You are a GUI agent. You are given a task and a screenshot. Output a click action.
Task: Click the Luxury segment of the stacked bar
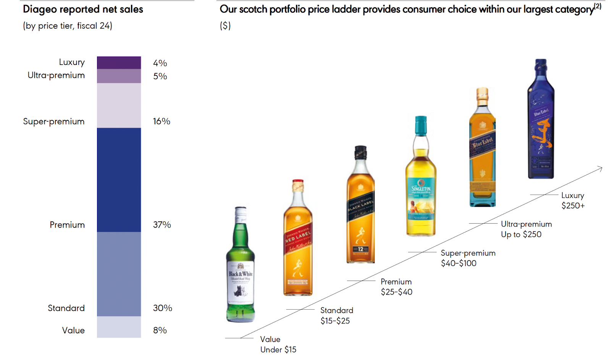[119, 63]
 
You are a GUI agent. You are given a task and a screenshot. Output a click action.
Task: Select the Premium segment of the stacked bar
[119, 180]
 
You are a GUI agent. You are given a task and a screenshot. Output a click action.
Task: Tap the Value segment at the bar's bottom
[119, 327]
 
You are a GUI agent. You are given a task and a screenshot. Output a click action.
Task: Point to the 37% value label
[162, 225]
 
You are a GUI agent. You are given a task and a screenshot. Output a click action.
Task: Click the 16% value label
[162, 121]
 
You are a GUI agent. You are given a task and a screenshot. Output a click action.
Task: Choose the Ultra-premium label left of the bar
[56, 75]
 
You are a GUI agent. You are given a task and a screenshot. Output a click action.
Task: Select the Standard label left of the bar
[66, 308]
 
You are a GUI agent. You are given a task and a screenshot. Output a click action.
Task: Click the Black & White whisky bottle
[240, 267]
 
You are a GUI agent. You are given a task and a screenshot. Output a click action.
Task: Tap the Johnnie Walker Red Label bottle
[298, 241]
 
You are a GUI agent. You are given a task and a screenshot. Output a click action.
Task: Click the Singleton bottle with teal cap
[421, 179]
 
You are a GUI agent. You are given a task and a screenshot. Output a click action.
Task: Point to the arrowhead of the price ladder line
[601, 168]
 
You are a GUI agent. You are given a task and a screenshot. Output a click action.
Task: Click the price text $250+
[573, 206]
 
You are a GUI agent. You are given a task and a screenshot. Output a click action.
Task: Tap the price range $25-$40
[396, 292]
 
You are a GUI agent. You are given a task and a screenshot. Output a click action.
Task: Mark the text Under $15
[278, 350]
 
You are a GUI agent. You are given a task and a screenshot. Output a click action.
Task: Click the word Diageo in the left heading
[40, 10]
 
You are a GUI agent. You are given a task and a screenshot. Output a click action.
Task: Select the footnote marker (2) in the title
[598, 6]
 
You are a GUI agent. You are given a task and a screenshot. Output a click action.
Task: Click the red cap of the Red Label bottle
[298, 182]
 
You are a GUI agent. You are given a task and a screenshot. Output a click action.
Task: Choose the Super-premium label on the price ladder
[468, 253]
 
